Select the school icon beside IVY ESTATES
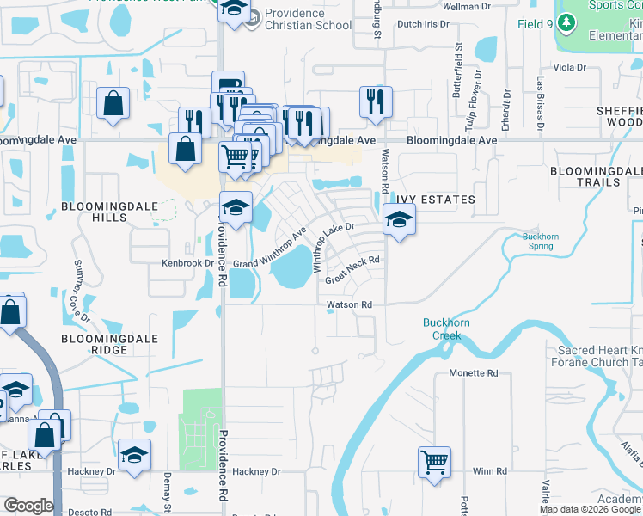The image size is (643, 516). pos(399,222)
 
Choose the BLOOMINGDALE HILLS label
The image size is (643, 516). pos(107,213)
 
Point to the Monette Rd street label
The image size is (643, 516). pos(474,373)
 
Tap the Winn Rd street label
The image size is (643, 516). pos(490,471)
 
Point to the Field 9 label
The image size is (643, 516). pos(535,24)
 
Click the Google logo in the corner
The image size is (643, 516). pos(28,506)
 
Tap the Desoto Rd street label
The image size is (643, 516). pos(94,512)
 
